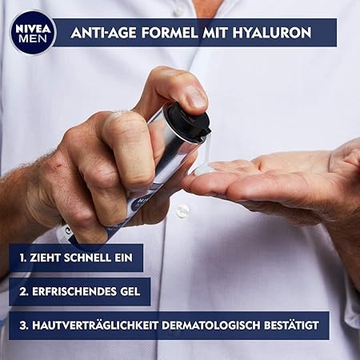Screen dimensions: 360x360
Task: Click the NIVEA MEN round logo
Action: [34, 33]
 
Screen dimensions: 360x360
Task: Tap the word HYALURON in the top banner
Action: [272, 33]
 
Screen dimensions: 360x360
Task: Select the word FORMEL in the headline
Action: [170, 33]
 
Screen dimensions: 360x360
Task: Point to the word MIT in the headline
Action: [215, 33]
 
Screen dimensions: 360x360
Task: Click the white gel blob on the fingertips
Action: [203, 169]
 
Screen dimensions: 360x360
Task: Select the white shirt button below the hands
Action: [182, 210]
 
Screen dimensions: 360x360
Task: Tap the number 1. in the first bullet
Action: [22, 258]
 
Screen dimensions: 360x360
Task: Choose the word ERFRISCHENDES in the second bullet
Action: [74, 291]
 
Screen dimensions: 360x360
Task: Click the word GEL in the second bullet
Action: [130, 291]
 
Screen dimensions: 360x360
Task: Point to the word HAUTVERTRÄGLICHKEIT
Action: [95, 326]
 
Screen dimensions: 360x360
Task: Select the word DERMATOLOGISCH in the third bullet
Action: [210, 326]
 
